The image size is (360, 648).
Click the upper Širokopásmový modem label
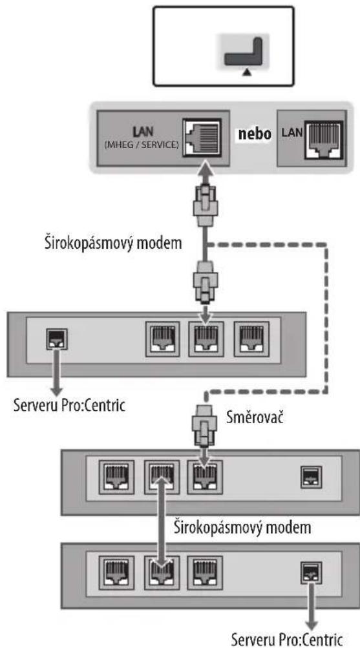pyautogui.click(x=113, y=243)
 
